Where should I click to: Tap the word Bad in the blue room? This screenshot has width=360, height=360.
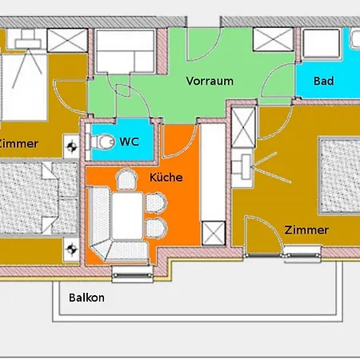[x=323, y=81]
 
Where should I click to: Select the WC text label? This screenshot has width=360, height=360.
[x=129, y=142]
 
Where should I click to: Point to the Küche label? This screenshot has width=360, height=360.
[x=166, y=177]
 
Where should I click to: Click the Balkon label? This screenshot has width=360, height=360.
[x=86, y=298]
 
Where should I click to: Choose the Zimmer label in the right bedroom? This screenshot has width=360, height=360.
[x=306, y=230]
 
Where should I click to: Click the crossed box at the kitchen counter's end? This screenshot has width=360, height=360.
[x=214, y=234]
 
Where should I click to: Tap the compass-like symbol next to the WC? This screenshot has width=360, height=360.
[x=74, y=145]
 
